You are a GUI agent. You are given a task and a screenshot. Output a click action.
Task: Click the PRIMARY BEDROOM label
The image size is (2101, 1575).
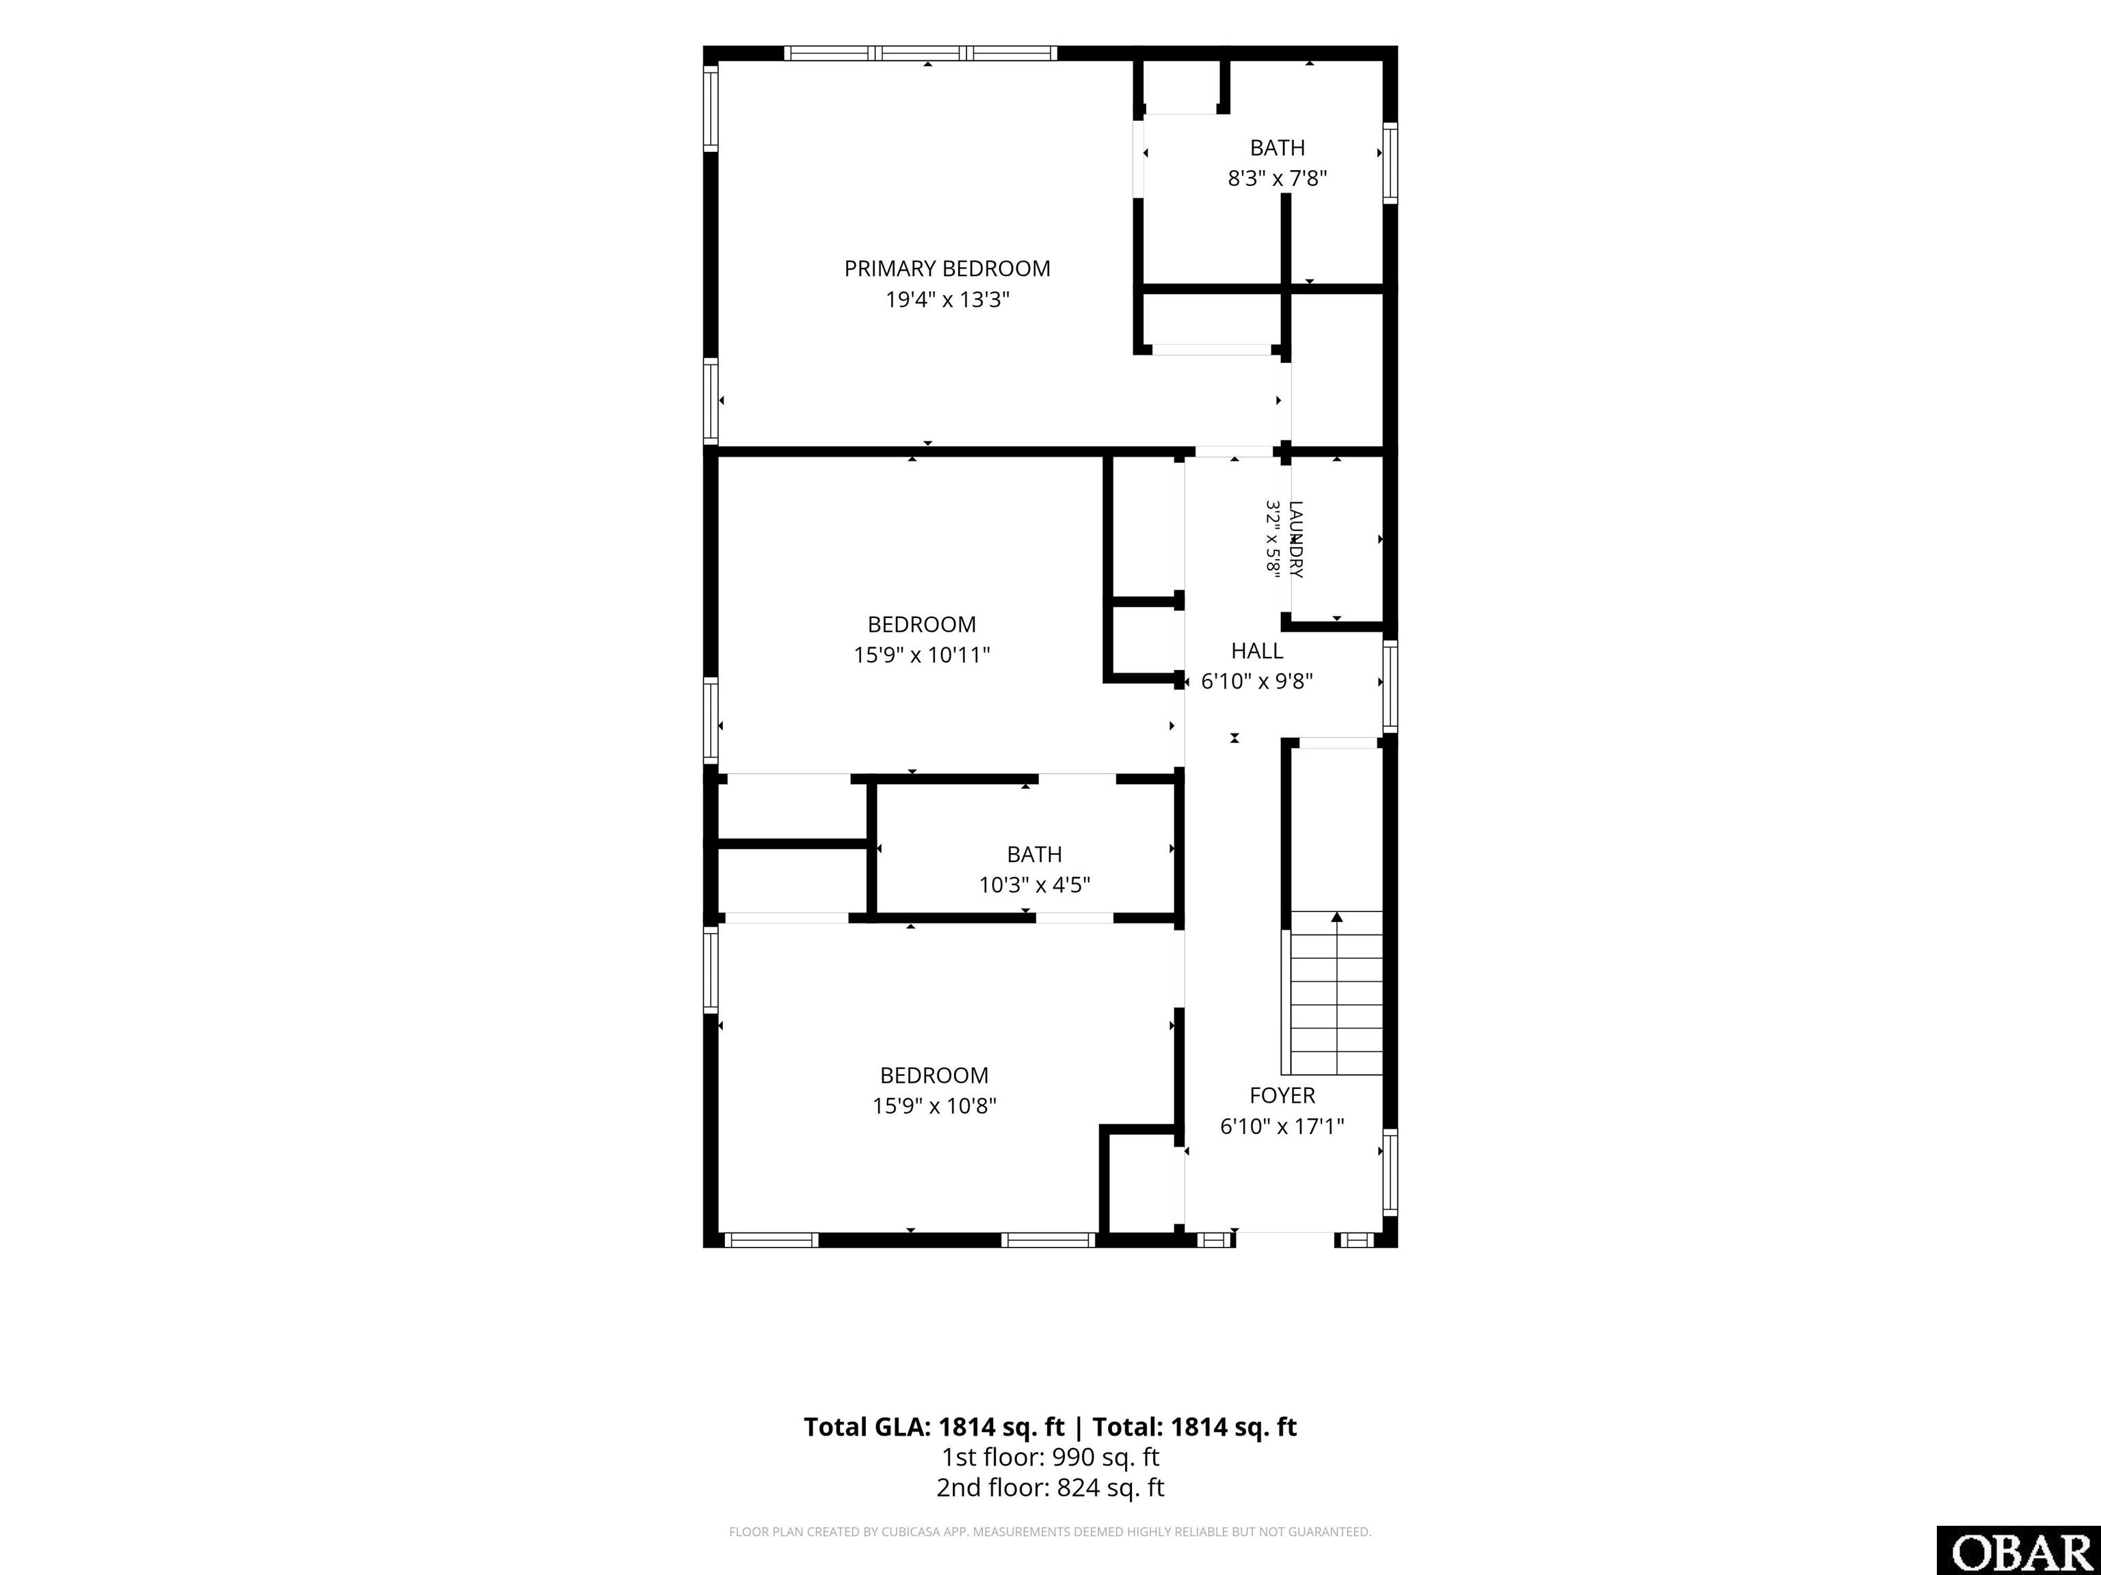[x=947, y=269]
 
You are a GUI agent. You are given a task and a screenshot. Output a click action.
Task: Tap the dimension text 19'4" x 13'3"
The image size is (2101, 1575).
[x=947, y=300]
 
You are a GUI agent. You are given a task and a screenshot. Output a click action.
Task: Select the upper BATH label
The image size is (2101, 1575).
[x=1277, y=148]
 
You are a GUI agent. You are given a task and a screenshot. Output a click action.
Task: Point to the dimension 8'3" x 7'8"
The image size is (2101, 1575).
[x=1277, y=178]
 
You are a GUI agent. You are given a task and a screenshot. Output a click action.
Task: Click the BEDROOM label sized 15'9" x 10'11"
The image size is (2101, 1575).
[x=921, y=625]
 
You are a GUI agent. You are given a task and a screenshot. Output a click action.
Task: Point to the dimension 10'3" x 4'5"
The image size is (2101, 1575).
[x=1034, y=885]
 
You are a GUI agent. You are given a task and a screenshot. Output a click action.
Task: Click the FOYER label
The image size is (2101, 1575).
[x=1282, y=1096]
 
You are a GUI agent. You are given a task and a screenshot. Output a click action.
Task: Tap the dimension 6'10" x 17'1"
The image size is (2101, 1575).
[x=1282, y=1127]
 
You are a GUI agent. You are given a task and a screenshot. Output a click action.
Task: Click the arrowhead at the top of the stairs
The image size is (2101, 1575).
[x=1337, y=917]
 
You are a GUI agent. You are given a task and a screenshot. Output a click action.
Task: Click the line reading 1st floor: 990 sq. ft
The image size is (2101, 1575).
[x=1050, y=1457]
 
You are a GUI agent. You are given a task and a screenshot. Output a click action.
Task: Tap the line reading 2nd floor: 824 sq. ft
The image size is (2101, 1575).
[x=1050, y=1487]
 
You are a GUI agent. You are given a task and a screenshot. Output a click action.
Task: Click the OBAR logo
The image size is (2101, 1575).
[x=2018, y=1551]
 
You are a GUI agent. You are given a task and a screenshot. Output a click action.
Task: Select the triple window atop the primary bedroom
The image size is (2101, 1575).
[x=921, y=53]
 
